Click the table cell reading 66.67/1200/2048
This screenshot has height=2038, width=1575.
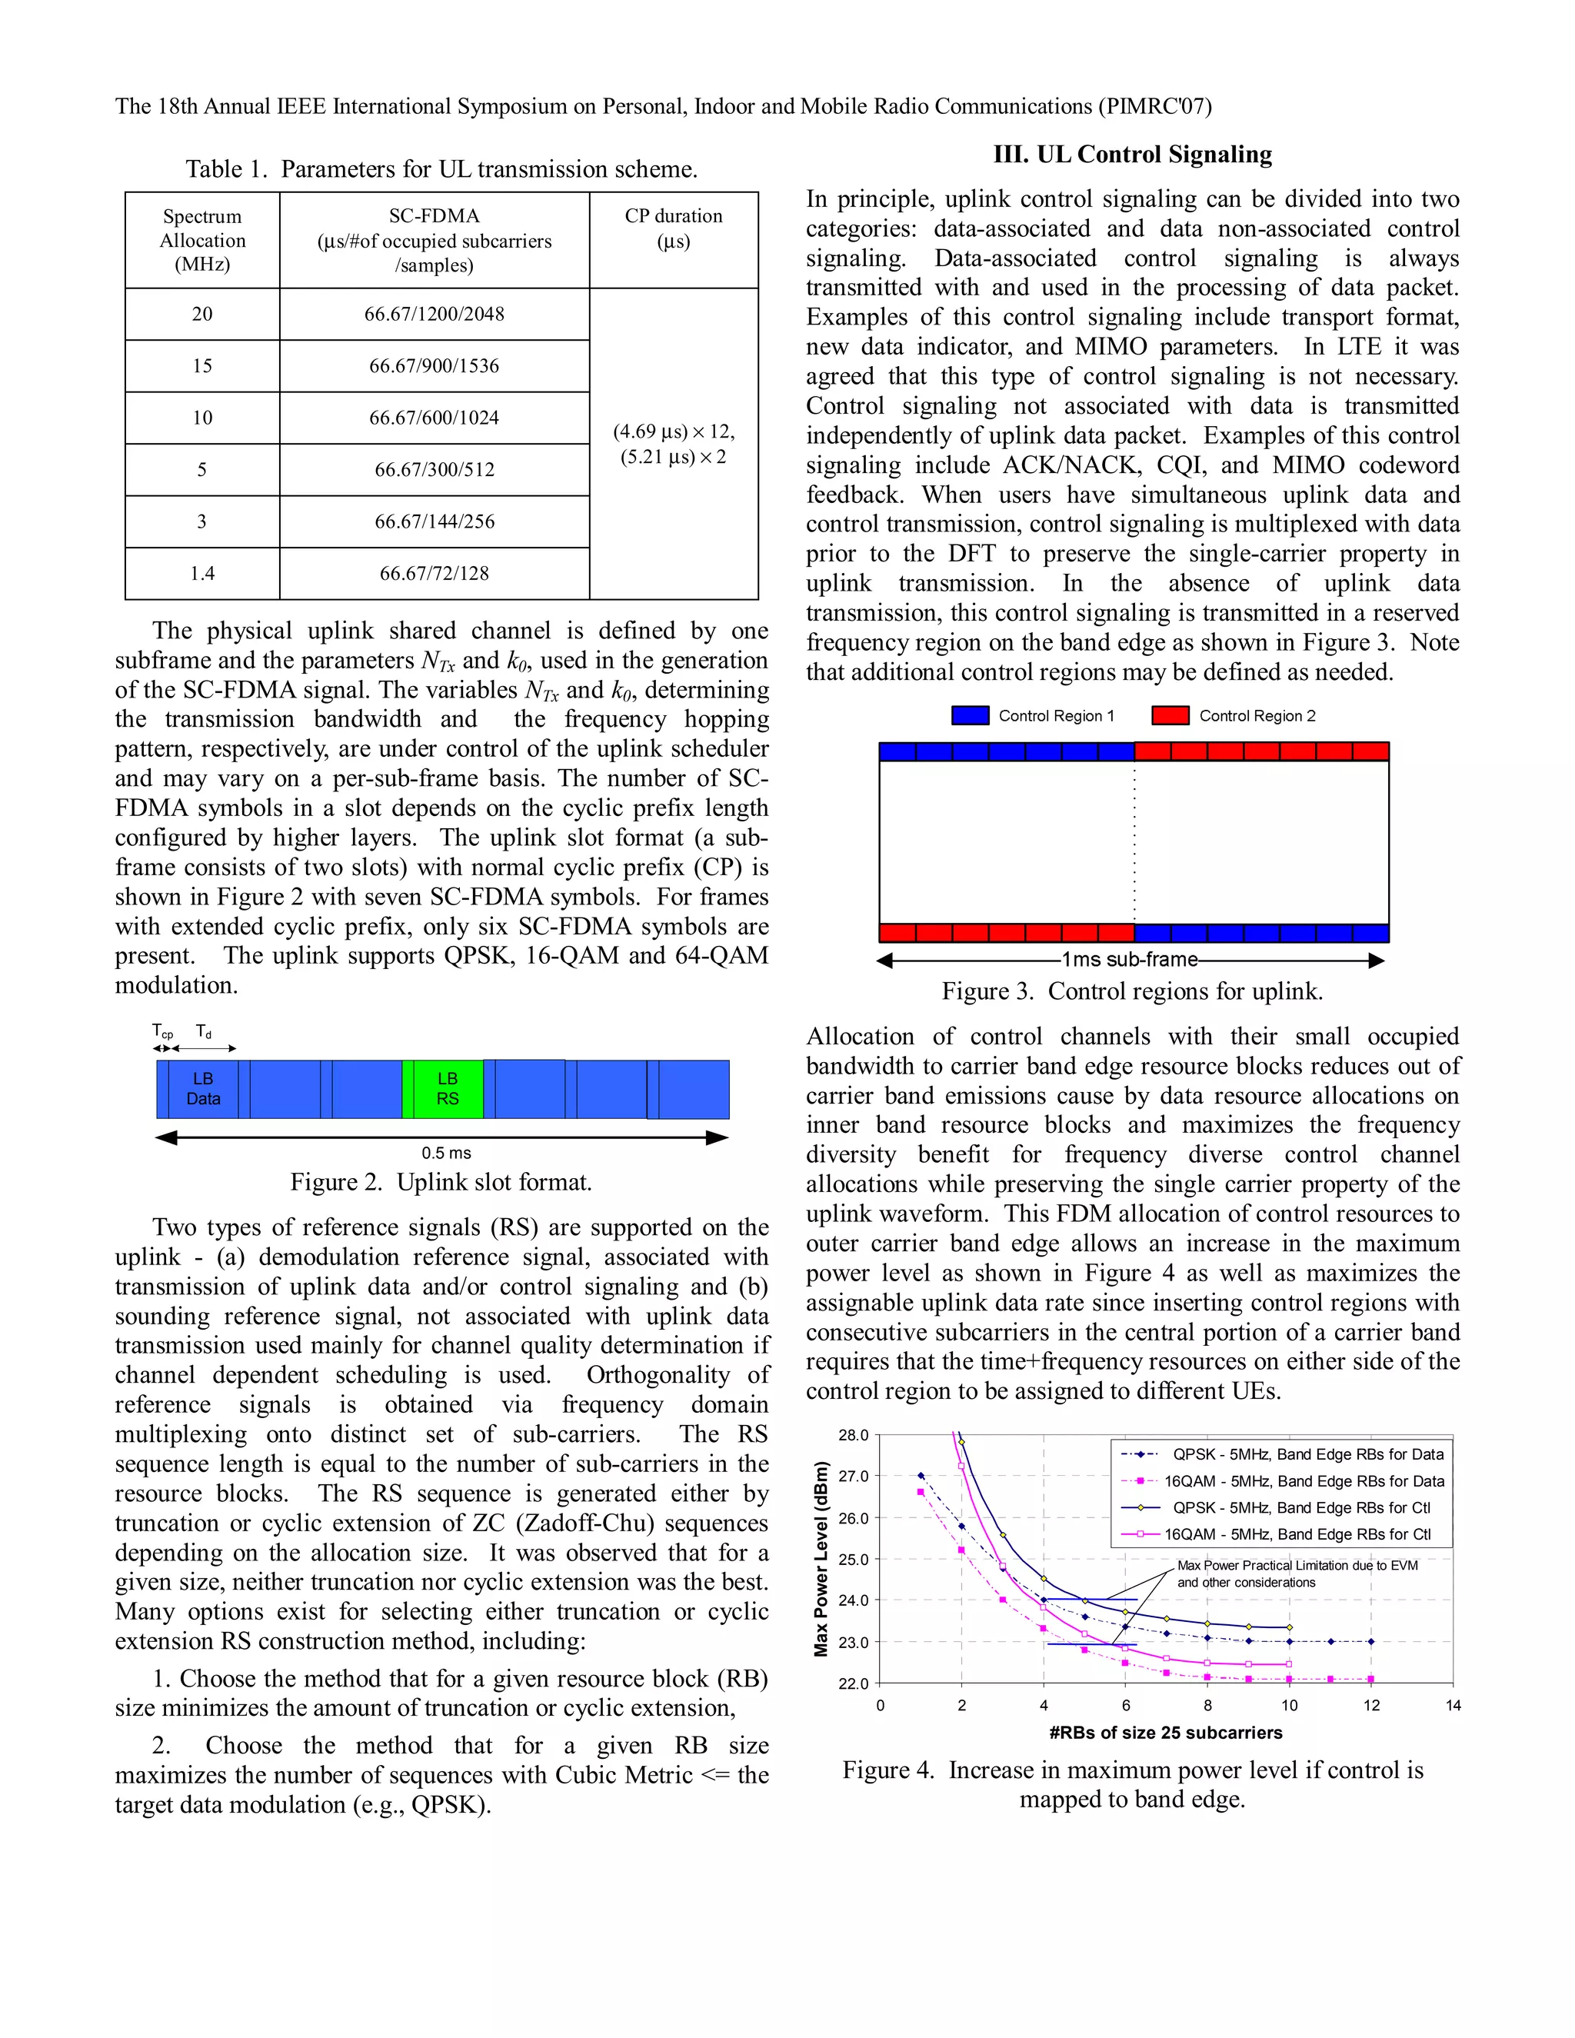[434, 315]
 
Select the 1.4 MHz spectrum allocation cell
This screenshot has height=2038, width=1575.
[201, 573]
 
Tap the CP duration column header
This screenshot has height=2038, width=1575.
[673, 228]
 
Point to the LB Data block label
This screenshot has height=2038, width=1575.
[202, 1088]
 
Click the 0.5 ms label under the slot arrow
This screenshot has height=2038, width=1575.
[446, 1153]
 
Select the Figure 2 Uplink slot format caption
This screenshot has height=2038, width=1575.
[441, 1182]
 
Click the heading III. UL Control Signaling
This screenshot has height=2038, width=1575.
[1132, 154]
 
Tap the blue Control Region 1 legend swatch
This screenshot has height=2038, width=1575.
[970, 716]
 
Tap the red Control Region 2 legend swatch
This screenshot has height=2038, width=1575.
[1170, 716]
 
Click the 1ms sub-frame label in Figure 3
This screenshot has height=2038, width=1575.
[1129, 959]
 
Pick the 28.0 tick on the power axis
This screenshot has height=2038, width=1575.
[853, 1435]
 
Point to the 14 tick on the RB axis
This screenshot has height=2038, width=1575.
[1453, 1706]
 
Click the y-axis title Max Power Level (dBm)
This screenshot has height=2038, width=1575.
[821, 1558]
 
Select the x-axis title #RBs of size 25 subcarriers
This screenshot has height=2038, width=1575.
[1165, 1733]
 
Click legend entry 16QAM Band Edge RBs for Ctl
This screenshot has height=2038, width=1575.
[1297, 1534]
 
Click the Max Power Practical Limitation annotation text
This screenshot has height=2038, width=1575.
[1297, 1573]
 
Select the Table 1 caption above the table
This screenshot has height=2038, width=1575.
[441, 169]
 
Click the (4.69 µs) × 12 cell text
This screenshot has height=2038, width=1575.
[673, 432]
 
